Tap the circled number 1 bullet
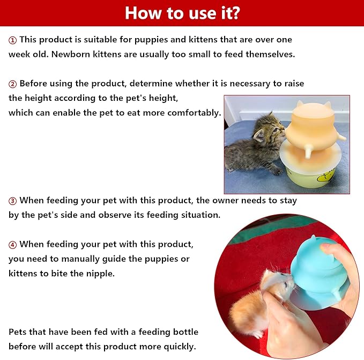click(x=12, y=40)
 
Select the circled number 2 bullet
click(x=12, y=84)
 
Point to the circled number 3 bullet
click(x=12, y=201)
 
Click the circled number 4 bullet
click(x=12, y=245)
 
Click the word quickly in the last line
click(x=180, y=347)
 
